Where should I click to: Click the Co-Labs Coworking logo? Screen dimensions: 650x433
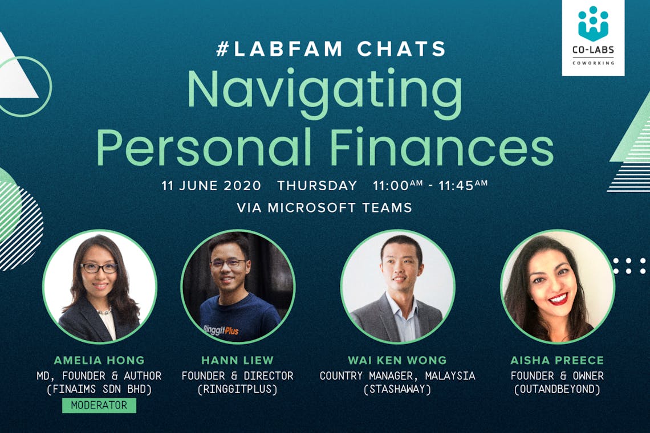[x=593, y=36]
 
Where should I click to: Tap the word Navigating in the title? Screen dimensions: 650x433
[x=325, y=91]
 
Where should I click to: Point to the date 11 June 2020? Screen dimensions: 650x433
[x=212, y=185]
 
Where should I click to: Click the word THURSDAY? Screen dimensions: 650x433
[x=317, y=185]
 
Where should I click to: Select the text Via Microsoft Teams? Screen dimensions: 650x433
[x=324, y=207]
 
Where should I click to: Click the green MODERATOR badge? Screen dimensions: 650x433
[x=99, y=405]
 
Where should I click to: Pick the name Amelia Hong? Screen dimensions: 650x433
[x=99, y=360]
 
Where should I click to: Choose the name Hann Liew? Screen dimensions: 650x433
[x=238, y=360]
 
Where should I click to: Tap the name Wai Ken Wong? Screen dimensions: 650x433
[x=397, y=360]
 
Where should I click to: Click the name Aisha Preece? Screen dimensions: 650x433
[x=557, y=360]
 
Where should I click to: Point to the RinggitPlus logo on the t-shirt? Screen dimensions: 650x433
[x=221, y=330]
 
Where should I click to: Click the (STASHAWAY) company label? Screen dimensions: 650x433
[x=397, y=389]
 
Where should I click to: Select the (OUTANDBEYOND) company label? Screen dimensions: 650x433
[x=557, y=389]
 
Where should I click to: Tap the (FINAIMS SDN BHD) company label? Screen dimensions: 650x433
[x=99, y=389]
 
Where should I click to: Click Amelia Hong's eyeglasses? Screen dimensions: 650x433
[x=99, y=268]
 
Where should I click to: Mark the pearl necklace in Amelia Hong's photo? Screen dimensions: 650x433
[x=104, y=311]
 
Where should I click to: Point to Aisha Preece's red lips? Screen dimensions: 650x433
[x=558, y=299]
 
